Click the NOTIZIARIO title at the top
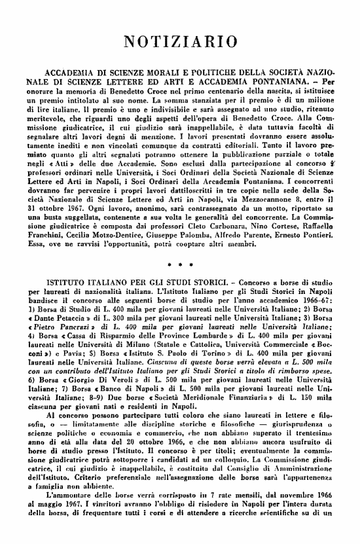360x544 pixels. tap(180, 41)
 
